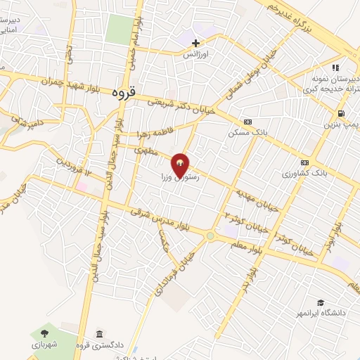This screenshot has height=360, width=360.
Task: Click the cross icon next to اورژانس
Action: point(195,44)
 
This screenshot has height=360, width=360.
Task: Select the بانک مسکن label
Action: point(243,131)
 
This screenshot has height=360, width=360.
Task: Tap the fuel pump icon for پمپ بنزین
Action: point(341,113)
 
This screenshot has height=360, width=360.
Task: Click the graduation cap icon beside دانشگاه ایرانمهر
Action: point(321,302)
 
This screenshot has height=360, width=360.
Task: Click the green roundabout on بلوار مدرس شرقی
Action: point(210,236)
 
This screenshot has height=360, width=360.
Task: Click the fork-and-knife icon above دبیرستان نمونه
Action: point(335,67)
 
